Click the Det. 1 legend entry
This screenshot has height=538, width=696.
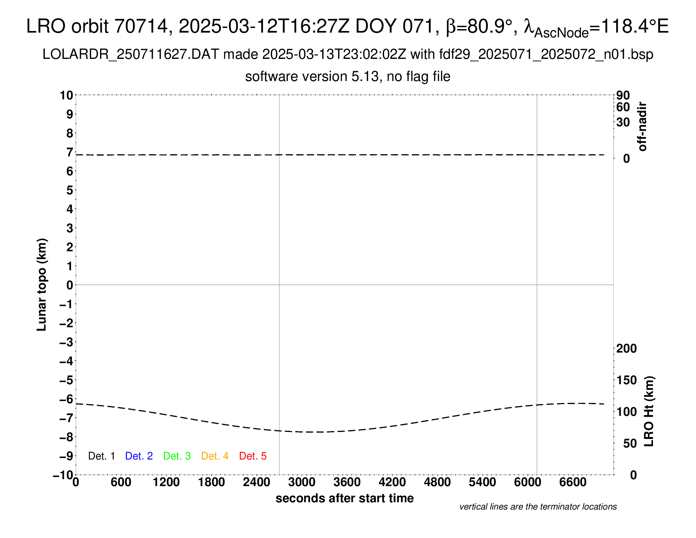point(101,456)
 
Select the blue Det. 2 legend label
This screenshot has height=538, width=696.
point(139,456)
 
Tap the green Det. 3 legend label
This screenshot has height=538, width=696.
point(177,456)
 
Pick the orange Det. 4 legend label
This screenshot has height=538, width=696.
point(215,456)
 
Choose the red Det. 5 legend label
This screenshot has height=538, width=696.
point(253,456)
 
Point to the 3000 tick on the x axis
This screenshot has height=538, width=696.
point(301,482)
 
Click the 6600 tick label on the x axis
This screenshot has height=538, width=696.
point(573,482)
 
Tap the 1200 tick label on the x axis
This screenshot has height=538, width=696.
point(166,482)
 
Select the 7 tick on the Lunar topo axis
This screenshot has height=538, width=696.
point(70,152)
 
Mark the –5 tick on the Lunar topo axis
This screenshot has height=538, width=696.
point(66,380)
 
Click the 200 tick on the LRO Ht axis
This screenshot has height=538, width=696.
point(626,349)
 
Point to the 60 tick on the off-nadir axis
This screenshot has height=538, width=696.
point(623,107)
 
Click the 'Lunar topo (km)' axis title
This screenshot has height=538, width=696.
point(42,285)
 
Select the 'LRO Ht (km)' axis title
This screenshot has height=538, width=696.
point(649,411)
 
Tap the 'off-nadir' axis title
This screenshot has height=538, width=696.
point(643,127)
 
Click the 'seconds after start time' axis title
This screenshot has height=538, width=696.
point(345,498)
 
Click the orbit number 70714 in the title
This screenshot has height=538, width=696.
point(141,26)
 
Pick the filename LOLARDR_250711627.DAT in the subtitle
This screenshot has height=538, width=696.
point(130,54)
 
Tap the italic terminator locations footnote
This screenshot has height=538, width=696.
point(538,507)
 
